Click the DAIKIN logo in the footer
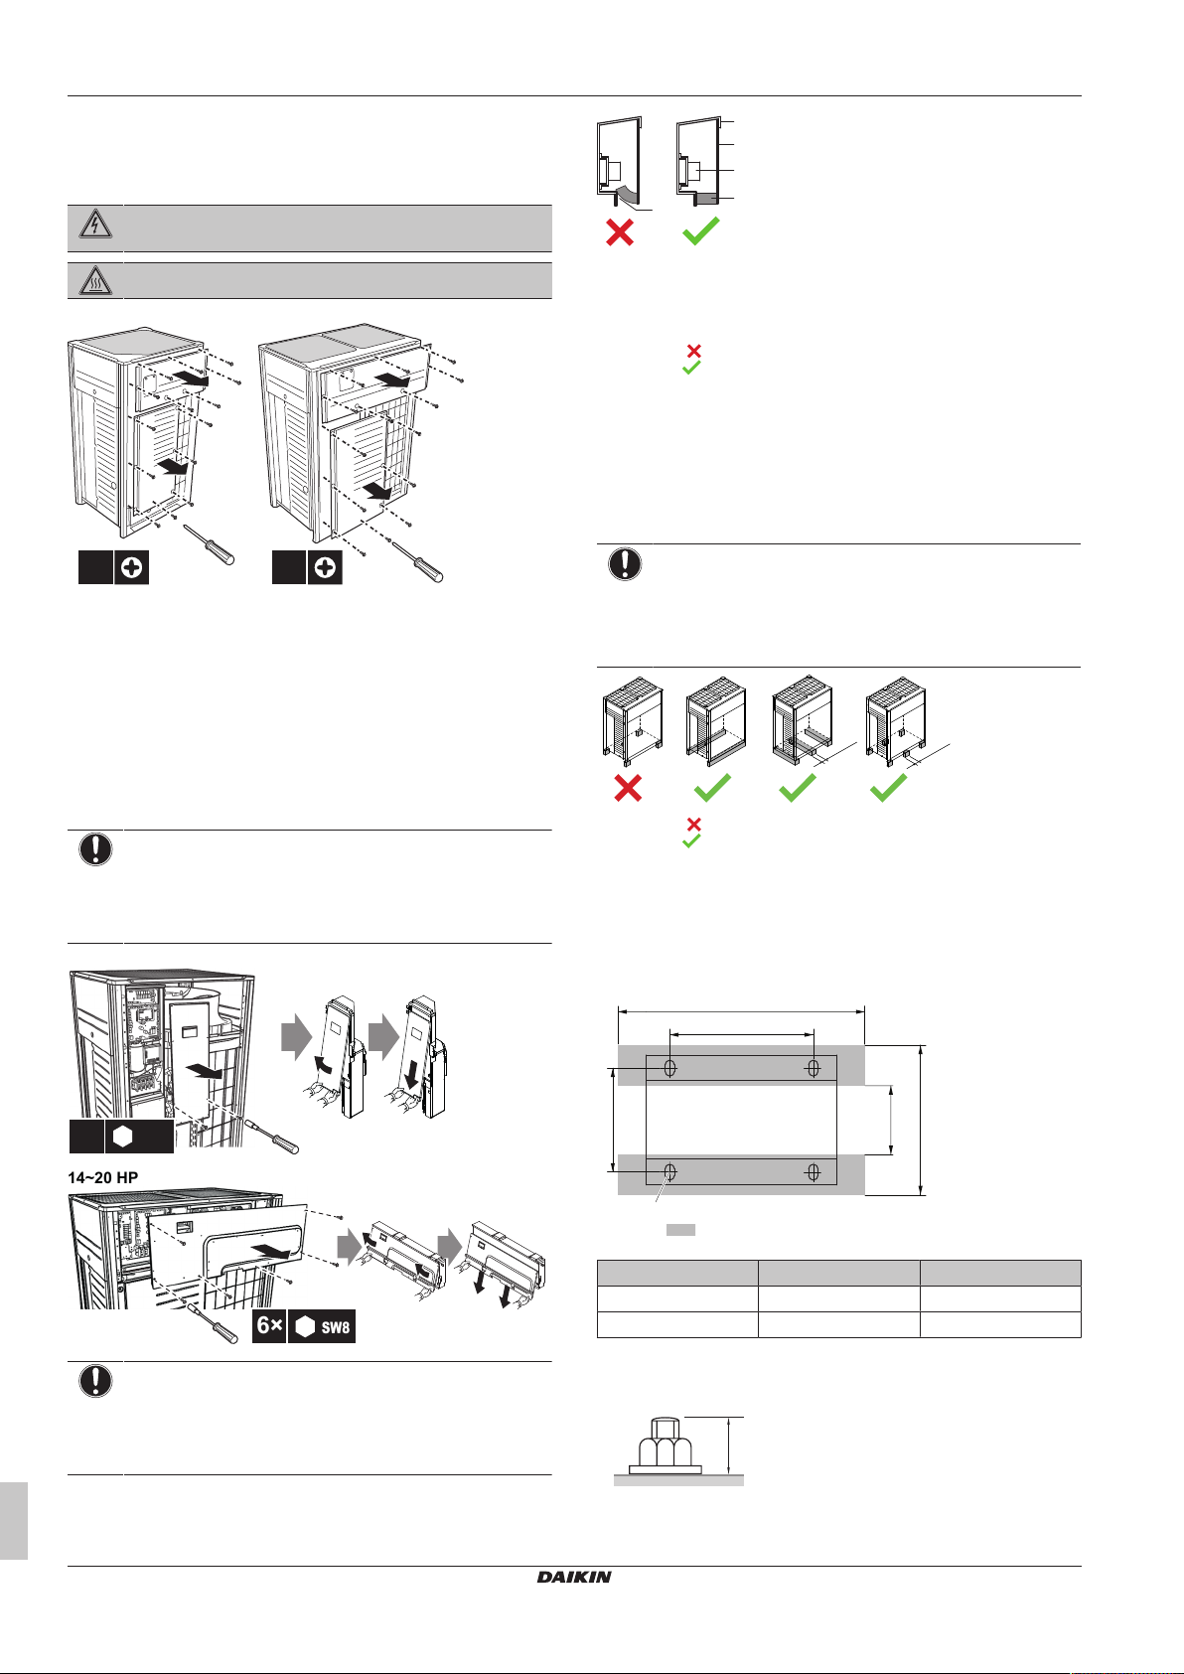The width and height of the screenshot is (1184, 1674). click(574, 1576)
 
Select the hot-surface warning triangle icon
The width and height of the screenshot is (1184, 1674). click(95, 281)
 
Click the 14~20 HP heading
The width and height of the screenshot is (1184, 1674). click(103, 1177)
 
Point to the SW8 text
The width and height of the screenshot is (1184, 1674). click(336, 1327)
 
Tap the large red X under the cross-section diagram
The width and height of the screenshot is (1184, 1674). click(620, 232)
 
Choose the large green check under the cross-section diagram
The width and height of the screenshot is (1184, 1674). click(700, 231)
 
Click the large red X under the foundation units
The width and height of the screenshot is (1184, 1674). click(628, 788)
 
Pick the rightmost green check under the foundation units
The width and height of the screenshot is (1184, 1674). click(888, 788)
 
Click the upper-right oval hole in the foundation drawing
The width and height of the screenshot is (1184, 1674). click(814, 1068)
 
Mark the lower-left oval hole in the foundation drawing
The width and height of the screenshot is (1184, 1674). click(670, 1173)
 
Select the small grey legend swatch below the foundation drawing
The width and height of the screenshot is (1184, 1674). click(680, 1230)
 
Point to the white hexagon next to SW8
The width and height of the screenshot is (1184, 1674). click(305, 1327)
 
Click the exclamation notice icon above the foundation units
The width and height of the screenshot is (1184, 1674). click(624, 564)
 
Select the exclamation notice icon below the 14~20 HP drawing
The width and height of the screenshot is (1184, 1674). click(95, 1382)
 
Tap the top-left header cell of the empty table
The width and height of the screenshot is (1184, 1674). click(676, 1273)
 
